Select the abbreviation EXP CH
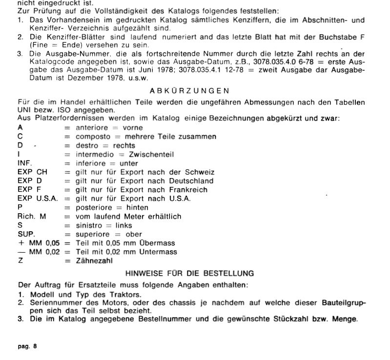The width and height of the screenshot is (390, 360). (31, 172)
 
